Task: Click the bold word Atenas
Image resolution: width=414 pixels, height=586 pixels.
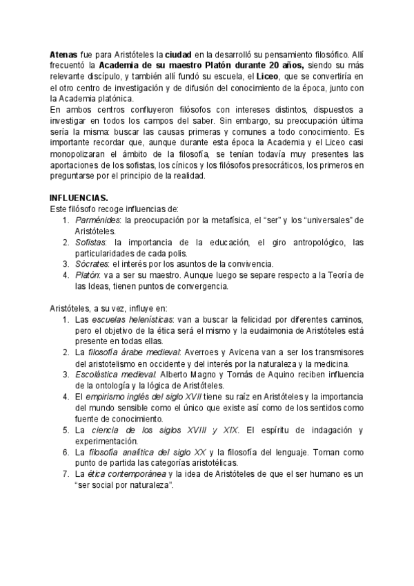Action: coord(63,53)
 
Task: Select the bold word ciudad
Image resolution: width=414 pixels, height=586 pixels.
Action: coord(179,53)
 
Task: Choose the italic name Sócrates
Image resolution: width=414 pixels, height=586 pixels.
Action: coord(91,263)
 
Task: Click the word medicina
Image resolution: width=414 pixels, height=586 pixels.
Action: coord(333,364)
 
